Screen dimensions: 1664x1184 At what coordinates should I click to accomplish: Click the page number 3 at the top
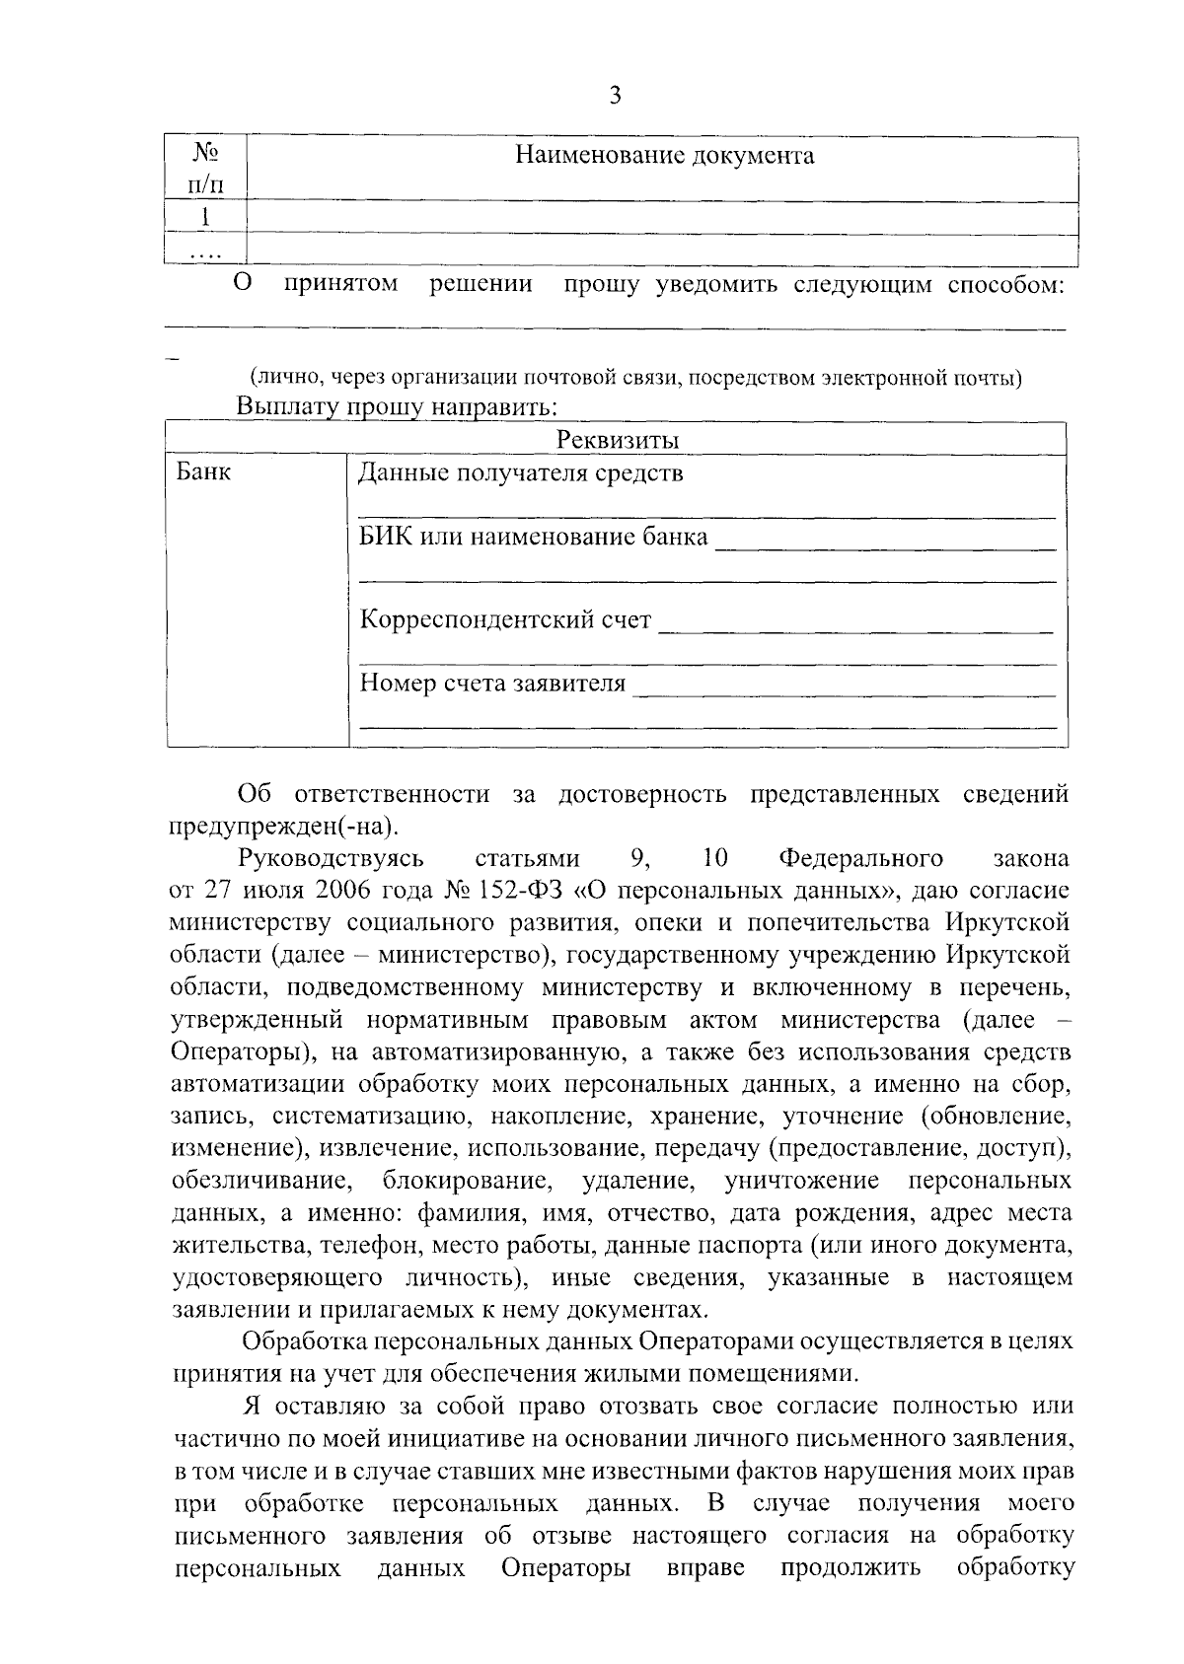[x=615, y=96]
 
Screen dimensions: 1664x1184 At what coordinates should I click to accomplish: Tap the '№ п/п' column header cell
[x=204, y=168]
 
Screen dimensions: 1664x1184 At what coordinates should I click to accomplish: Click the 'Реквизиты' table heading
[x=618, y=440]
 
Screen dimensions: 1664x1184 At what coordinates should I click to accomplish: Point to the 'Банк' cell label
[x=204, y=472]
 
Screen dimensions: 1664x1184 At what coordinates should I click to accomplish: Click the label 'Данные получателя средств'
[x=521, y=473]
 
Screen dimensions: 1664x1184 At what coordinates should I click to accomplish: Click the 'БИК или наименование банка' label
[x=534, y=538]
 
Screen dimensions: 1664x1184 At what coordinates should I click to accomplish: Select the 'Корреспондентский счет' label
[x=505, y=620]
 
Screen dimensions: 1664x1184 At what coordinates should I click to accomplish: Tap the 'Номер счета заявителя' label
[x=492, y=684]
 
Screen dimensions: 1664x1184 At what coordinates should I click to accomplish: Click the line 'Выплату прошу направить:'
[x=398, y=405]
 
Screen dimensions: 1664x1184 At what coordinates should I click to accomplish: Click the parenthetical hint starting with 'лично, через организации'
[x=634, y=378]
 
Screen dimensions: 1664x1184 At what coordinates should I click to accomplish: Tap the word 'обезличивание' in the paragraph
[x=261, y=1181]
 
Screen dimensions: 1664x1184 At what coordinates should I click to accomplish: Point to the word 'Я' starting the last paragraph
[x=250, y=1406]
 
